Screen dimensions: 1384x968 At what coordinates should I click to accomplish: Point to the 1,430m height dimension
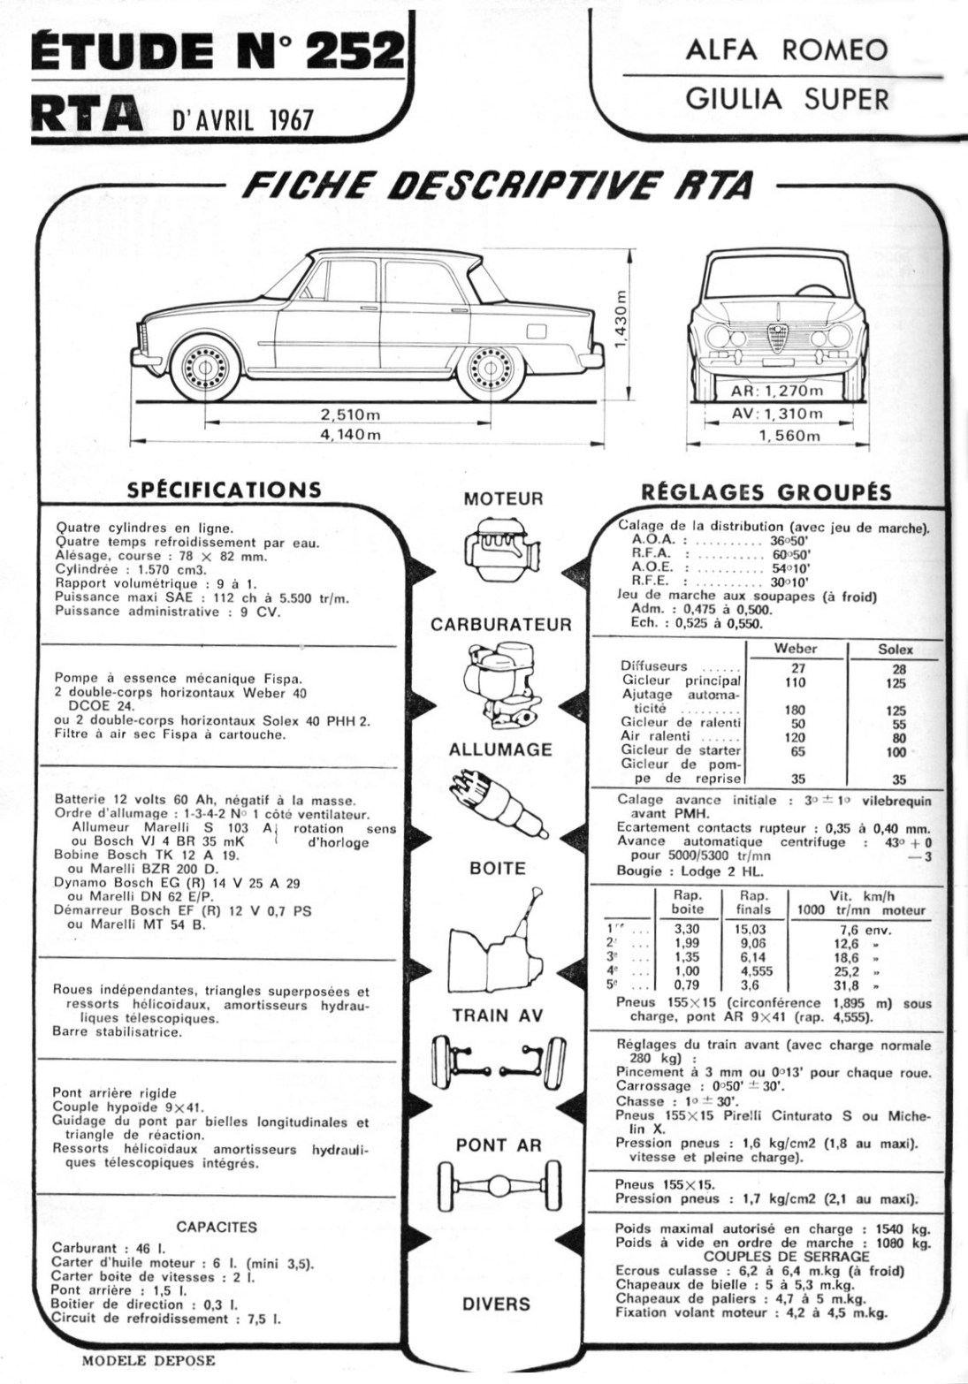621,317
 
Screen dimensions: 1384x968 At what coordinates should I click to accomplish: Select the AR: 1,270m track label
777,392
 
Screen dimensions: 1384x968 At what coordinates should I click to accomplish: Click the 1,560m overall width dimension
789,435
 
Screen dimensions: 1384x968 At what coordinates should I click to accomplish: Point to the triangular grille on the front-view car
778,337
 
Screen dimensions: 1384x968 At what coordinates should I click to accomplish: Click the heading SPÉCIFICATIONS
224,490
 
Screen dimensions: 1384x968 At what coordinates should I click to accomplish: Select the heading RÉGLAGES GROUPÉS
765,492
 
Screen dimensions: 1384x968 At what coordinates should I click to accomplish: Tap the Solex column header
895,650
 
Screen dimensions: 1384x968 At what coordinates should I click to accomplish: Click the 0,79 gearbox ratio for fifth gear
687,985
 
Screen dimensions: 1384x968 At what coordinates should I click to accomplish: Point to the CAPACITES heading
217,1227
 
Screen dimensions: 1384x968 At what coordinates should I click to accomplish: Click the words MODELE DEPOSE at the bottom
148,1360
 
